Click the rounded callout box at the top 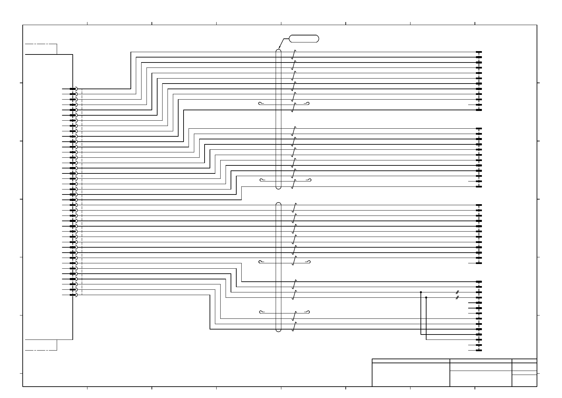(x=304, y=38)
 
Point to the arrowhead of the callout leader (x=279, y=48)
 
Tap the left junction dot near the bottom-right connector (x=421, y=292)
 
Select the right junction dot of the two (x=426, y=297)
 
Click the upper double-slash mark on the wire (x=458, y=292)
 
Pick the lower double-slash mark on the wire (x=458, y=297)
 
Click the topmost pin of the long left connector (x=73, y=89)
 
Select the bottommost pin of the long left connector (x=73, y=295)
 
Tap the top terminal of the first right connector (x=479, y=52)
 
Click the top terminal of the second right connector (x=479, y=128)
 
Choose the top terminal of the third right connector (x=479, y=205)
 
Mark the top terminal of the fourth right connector (x=479, y=282)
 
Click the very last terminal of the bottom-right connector (x=479, y=351)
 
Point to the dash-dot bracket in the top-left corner (x=41, y=49)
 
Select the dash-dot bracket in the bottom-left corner (x=41, y=345)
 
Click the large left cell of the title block (x=411, y=375)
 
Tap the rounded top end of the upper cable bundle (x=279, y=51)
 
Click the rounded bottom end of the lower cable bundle (x=279, y=330)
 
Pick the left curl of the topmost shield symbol (x=260, y=103)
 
